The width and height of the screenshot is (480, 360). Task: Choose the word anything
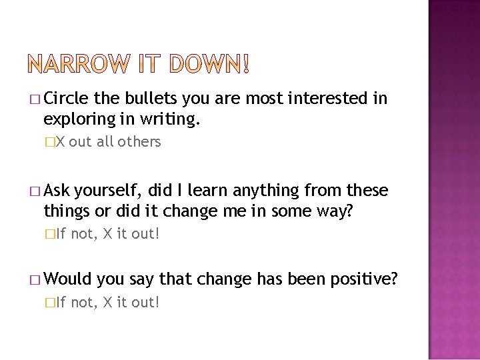[x=274, y=192]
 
